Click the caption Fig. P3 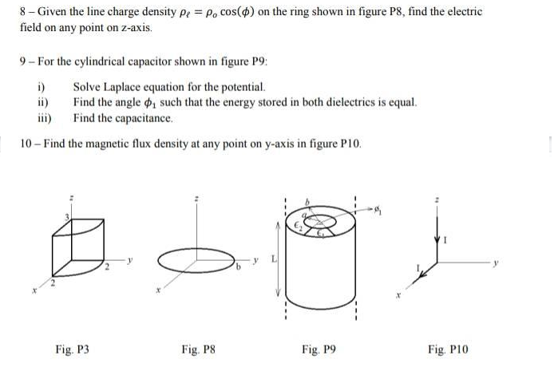72,349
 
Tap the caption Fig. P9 319,349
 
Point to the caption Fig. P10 447,349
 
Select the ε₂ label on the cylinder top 302,226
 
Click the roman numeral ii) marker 42,102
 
